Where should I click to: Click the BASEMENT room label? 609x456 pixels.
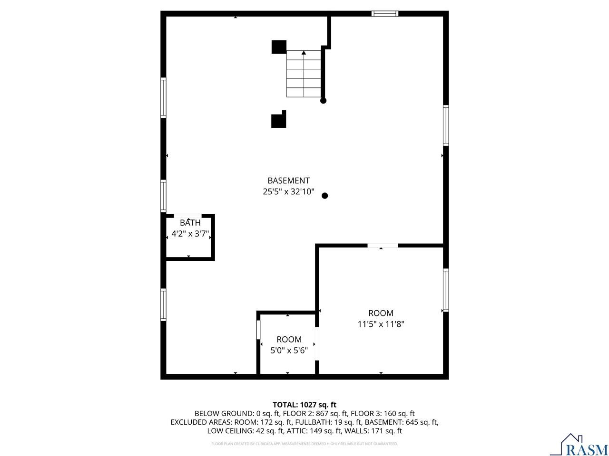(288, 180)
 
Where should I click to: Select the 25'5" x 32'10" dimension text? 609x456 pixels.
(288, 192)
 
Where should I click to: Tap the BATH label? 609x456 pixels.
(190, 223)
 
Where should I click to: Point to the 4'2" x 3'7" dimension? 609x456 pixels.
(190, 234)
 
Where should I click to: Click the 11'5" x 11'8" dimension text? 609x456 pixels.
(381, 324)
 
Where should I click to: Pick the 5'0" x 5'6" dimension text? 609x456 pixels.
(289, 351)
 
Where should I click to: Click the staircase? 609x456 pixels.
(304, 74)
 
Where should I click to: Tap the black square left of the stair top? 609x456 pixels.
(279, 47)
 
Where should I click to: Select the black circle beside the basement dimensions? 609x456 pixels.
(325, 196)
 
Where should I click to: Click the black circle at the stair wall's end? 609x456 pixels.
(324, 101)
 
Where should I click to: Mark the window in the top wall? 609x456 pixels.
(385, 13)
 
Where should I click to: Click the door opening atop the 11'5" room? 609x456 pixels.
(383, 246)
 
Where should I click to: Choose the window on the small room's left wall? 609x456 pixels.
(259, 330)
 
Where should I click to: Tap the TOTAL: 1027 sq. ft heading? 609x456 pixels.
(304, 405)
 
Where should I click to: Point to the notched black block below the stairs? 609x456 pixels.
(279, 120)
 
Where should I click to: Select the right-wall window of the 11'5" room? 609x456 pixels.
(446, 290)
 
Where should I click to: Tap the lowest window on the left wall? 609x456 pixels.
(163, 305)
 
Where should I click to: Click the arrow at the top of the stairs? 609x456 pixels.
(304, 53)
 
